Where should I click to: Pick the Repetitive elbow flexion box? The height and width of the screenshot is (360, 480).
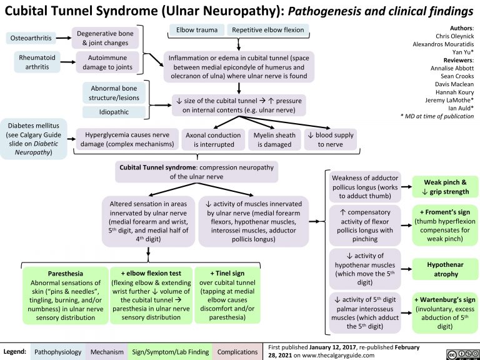267,30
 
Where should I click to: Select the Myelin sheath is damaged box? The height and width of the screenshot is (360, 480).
272,139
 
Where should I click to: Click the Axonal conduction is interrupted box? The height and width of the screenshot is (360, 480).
211,139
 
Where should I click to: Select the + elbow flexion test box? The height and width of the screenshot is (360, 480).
150,294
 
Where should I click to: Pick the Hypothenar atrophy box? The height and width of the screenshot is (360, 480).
442,269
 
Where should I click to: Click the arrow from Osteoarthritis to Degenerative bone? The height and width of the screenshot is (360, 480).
62,39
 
